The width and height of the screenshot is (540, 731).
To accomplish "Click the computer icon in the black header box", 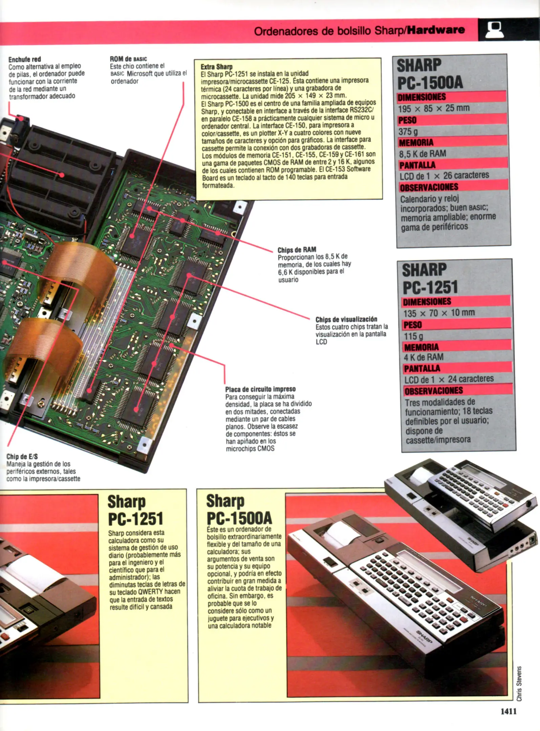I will click(495, 30).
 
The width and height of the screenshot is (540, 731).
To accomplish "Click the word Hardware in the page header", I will click(436, 30).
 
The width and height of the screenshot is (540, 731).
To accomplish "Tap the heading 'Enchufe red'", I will click(25, 60).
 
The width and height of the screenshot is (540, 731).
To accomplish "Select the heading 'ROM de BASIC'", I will click(128, 59).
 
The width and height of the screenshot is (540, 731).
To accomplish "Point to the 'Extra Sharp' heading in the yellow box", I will click(217, 67).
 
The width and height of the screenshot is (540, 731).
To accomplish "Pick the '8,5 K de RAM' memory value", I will click(422, 154).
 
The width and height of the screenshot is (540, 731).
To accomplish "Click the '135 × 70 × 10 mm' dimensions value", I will click(439, 313).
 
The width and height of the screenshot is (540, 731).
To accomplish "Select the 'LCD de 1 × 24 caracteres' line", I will click(449, 379).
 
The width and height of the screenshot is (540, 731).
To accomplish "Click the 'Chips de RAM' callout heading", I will click(297, 250).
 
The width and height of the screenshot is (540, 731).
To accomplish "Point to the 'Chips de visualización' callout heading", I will click(346, 319).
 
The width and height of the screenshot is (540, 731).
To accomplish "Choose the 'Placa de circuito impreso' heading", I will click(260, 389).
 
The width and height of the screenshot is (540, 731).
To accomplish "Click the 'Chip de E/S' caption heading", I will click(22, 457).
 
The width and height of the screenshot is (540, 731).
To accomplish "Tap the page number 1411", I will click(509, 711).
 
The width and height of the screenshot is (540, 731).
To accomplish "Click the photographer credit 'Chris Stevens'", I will click(519, 684).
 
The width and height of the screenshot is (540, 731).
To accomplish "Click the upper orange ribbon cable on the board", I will click(81, 267).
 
